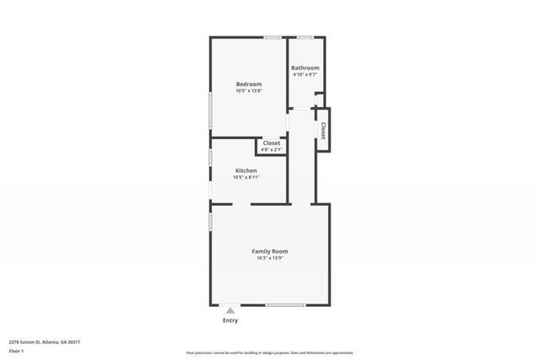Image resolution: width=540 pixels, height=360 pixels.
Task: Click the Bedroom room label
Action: [248, 83]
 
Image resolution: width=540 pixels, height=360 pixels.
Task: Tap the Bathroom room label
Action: [305, 67]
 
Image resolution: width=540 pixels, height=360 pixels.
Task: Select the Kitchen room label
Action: [246, 170]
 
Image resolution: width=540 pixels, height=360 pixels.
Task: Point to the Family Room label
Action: [270, 251]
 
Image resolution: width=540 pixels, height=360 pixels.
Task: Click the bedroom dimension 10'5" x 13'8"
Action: [248, 91]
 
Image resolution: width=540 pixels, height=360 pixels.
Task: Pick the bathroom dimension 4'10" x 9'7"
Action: [305, 75]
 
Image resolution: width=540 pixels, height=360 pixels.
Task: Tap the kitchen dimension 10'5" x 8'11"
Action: [246, 177]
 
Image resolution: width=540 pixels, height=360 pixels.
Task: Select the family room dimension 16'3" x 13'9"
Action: [270, 258]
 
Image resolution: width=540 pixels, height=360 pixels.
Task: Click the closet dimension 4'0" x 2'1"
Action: [271, 150]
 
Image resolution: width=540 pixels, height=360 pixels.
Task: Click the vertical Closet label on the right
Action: [323, 130]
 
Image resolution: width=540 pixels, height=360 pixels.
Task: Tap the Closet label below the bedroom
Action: [271, 143]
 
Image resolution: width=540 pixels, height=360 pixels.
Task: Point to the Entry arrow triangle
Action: [229, 310]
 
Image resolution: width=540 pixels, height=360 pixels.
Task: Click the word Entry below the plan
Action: [229, 320]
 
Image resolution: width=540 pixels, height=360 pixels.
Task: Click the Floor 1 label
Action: [16, 351]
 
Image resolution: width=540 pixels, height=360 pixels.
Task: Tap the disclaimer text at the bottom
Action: [269, 353]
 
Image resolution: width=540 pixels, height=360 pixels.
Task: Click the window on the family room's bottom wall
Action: [285, 305]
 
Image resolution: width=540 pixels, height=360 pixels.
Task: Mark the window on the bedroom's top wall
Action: [272, 37]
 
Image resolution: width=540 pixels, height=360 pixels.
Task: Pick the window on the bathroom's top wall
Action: [305, 37]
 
